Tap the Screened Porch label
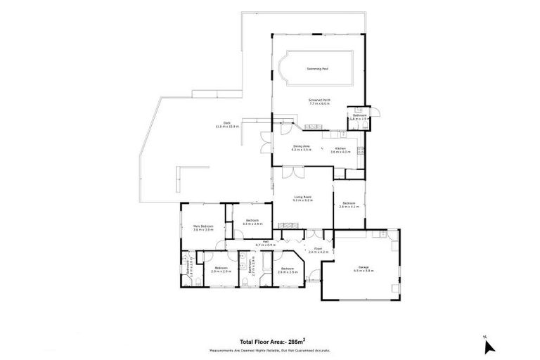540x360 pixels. click(x=319, y=102)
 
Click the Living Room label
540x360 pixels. click(x=302, y=199)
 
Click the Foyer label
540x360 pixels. click(x=318, y=250)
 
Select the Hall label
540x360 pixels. click(x=266, y=243)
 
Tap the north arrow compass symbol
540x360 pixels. click(x=489, y=345)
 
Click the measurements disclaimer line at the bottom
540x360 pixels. click(x=269, y=349)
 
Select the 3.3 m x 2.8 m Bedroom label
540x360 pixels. click(x=252, y=222)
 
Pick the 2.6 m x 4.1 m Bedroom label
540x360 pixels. click(x=349, y=205)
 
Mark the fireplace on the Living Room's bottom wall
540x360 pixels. click(x=288, y=225)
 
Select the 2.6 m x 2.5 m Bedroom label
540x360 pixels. click(x=286, y=270)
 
